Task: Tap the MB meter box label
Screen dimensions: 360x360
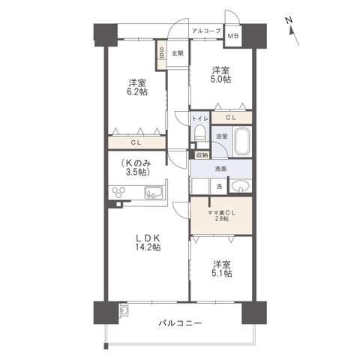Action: pyautogui.click(x=232, y=34)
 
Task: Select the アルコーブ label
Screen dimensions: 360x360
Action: pyautogui.click(x=205, y=31)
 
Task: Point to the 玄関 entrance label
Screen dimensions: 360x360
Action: pyautogui.click(x=177, y=53)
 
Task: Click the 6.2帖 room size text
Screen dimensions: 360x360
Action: pyautogui.click(x=136, y=93)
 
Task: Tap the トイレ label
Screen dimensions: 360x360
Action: pyautogui.click(x=199, y=118)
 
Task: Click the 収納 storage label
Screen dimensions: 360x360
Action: pyautogui.click(x=201, y=154)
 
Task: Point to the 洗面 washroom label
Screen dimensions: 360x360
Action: pyautogui.click(x=221, y=169)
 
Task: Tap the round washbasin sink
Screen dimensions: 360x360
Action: pyautogui.click(x=240, y=185)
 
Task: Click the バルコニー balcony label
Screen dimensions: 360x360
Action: pyautogui.click(x=179, y=324)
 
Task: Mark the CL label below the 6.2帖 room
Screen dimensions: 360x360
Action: pyautogui.click(x=136, y=142)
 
